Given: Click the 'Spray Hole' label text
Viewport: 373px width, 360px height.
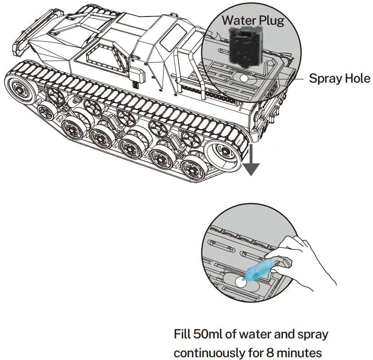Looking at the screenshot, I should [x=339, y=79].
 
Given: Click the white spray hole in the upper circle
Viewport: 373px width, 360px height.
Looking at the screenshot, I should [x=243, y=79].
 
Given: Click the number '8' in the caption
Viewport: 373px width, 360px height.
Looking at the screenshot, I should [x=270, y=354].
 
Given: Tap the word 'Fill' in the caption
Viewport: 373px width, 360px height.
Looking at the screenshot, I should [x=183, y=334].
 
